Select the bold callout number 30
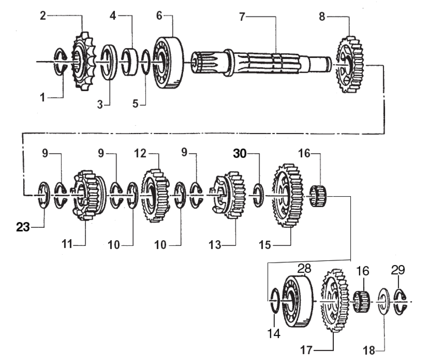click(242, 154)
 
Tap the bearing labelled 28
click(297, 302)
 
